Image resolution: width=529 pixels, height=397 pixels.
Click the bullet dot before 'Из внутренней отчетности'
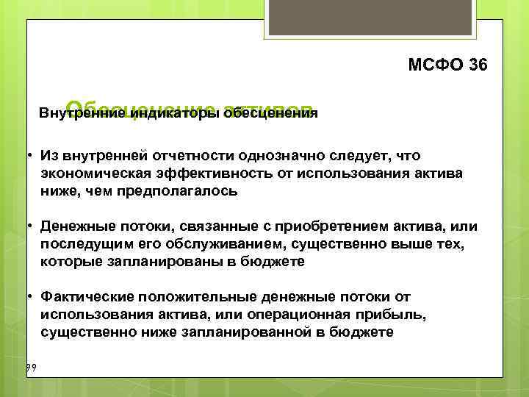tap(28, 156)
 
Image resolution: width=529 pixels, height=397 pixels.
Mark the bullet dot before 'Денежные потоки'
tap(28, 226)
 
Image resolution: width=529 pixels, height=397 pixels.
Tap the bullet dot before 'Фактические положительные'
tap(28, 296)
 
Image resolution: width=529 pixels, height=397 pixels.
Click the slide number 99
tap(31, 366)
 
